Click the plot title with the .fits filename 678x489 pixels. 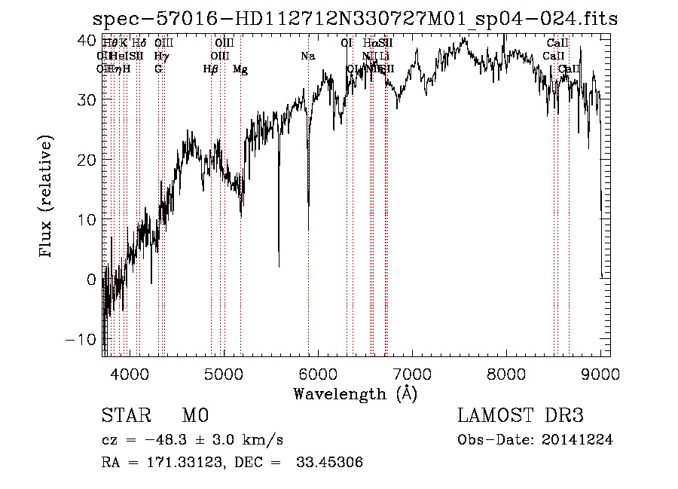[354, 19]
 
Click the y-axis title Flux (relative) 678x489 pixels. [47, 197]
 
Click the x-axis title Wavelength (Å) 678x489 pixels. [355, 393]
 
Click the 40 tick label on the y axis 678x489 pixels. [88, 39]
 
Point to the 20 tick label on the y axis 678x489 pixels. [88, 159]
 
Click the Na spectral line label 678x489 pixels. [307, 56]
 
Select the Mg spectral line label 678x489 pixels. [240, 69]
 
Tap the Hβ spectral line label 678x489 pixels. [211, 69]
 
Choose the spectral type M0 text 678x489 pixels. [194, 416]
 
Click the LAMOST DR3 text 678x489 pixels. [521, 416]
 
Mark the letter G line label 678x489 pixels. [158, 69]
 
